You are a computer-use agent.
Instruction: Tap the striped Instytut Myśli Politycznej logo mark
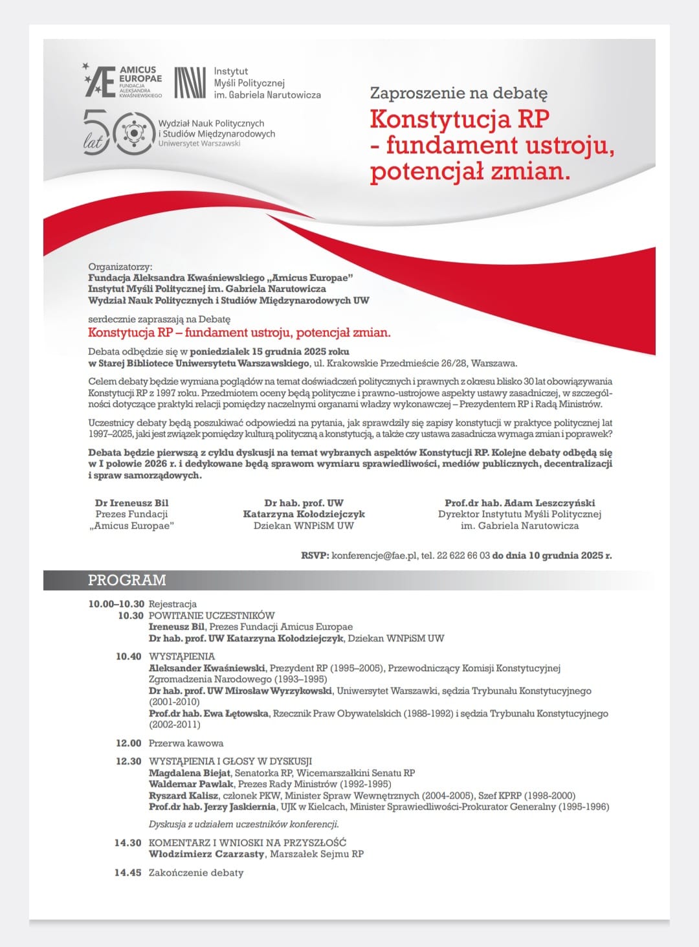[x=190, y=83]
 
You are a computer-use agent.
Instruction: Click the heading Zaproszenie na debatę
[x=458, y=93]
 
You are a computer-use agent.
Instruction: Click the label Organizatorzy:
[x=120, y=267]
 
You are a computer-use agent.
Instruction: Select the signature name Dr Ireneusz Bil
[x=131, y=503]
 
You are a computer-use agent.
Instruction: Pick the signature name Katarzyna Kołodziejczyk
[x=304, y=514]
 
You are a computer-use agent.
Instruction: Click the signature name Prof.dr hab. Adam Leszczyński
[x=520, y=503]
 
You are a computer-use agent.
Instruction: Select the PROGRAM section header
[x=127, y=580]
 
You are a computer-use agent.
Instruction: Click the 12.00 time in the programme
[x=128, y=743]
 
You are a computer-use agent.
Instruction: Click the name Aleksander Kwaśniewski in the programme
[x=207, y=668]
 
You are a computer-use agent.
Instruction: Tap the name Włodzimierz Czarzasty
[x=206, y=854]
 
